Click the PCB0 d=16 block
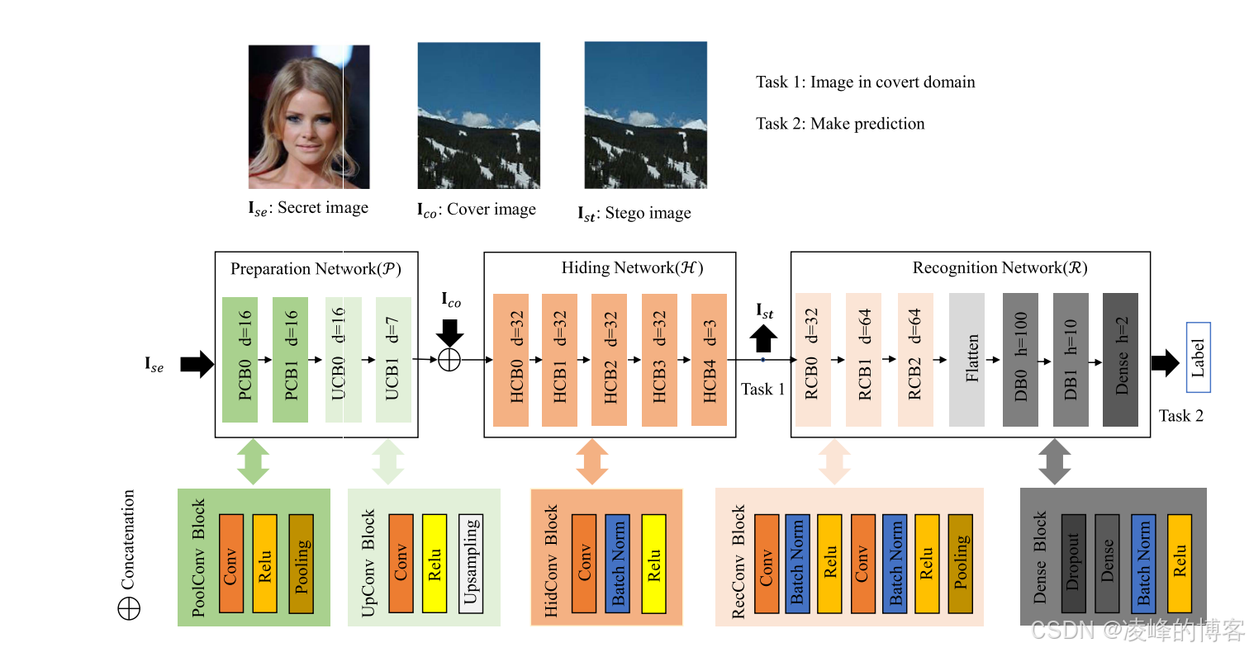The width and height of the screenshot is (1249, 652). click(240, 360)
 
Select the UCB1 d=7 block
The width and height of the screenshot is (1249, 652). click(393, 360)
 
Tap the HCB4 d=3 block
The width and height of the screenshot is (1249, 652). click(709, 360)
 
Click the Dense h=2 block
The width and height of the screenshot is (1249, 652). click(1120, 360)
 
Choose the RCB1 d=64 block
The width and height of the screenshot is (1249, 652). click(864, 360)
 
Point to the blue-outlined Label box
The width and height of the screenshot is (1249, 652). click(1198, 357)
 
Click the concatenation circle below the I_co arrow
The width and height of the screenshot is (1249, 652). click(449, 360)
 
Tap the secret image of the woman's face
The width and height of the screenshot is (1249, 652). click(309, 117)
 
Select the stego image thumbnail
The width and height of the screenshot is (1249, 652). click(646, 116)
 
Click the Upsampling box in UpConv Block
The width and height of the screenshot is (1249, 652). click(470, 564)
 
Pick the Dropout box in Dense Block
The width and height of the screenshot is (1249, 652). click(1072, 564)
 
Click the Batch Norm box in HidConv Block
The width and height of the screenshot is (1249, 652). click(618, 564)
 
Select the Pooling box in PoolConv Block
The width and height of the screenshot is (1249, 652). click(302, 564)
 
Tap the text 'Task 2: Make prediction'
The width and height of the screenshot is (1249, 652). click(840, 124)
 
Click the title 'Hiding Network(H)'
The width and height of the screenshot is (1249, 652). click(632, 267)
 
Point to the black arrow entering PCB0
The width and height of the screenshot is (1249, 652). click(196, 363)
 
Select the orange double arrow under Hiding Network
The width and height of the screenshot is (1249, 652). click(591, 461)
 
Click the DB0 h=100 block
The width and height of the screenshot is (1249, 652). click(1020, 360)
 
